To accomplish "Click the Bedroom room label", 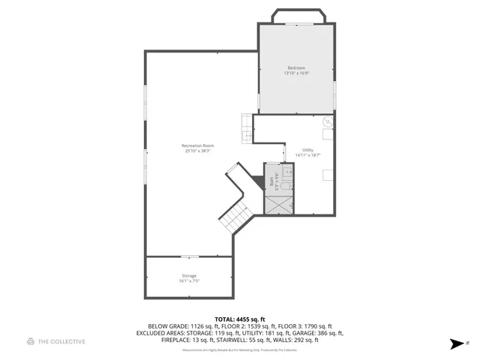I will [x=296, y=68].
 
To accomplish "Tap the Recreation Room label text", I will [x=198, y=145].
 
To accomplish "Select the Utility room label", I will [x=307, y=150].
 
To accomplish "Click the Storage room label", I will [x=189, y=276].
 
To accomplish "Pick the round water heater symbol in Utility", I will [x=328, y=121].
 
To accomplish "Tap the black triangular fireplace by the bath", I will [x=259, y=181].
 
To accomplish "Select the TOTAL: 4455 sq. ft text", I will [x=240, y=319].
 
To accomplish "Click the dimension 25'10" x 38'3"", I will [x=198, y=151].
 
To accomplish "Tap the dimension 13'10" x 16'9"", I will [x=296, y=73].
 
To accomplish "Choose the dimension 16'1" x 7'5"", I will [x=189, y=282].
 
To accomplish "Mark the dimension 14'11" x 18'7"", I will [x=307, y=156].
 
